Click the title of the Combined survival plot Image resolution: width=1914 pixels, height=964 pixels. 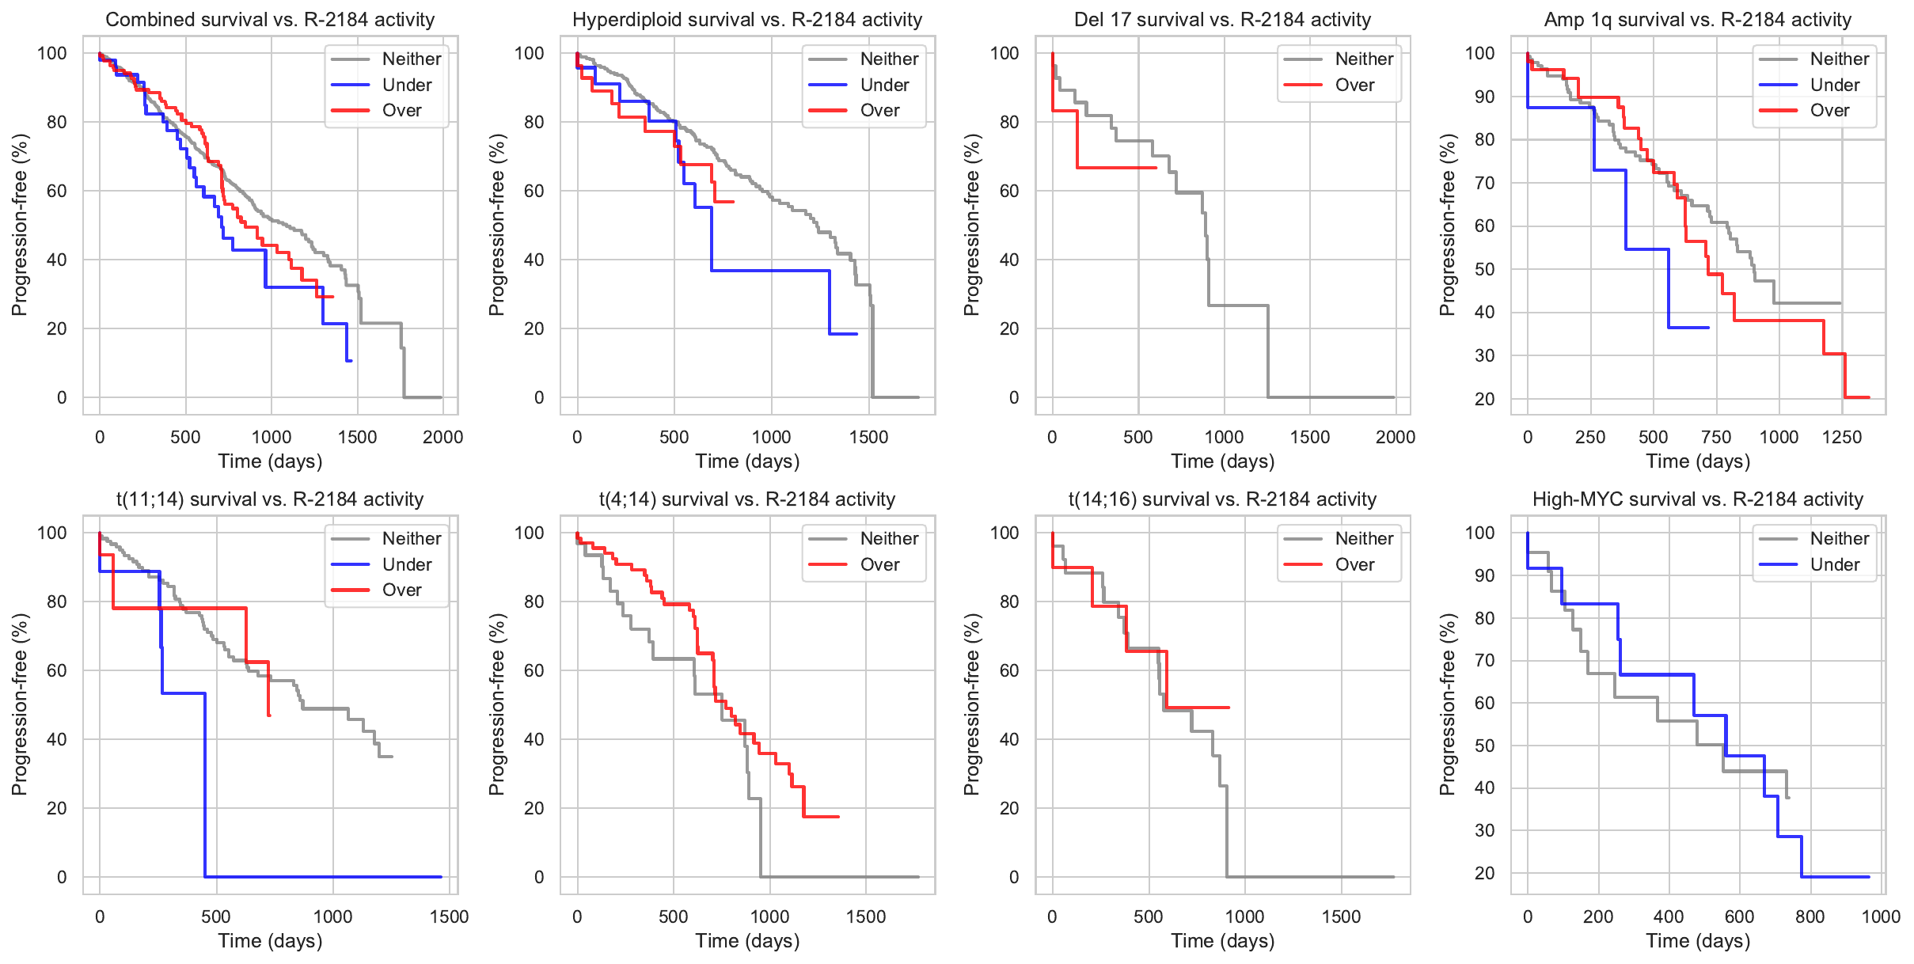coord(270,19)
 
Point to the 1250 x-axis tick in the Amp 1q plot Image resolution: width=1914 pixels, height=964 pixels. coord(1841,437)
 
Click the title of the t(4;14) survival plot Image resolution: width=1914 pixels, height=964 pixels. coord(746,499)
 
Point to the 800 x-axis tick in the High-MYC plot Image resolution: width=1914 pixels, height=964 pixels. coord(1810,917)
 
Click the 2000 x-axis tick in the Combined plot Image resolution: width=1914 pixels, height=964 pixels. coord(442,437)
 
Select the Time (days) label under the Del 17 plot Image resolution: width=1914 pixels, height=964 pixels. coord(1222,461)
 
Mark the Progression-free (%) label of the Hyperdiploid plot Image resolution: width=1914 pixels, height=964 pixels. coord(496,225)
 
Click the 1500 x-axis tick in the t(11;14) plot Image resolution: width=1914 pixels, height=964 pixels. coord(449,917)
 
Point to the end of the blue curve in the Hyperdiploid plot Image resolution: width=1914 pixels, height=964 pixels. coord(856,334)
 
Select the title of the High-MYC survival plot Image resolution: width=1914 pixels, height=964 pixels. coord(1697,499)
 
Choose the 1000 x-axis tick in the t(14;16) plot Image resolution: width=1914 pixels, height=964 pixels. coord(1244,917)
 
